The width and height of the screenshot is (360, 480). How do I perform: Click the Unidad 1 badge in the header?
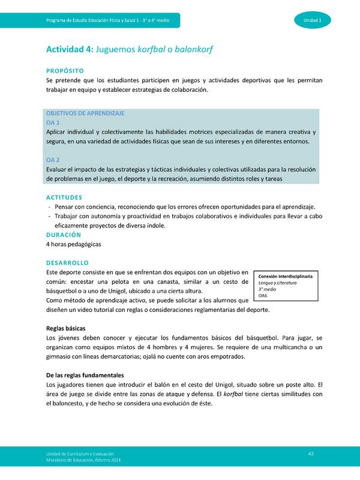click(312, 21)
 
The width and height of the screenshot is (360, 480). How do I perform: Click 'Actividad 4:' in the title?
click(69, 50)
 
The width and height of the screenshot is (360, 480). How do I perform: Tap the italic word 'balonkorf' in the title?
click(195, 50)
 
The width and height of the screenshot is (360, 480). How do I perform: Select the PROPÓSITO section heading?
click(69, 70)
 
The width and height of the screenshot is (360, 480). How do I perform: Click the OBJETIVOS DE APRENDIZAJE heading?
click(85, 113)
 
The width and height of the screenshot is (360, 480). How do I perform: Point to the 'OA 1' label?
click(53, 122)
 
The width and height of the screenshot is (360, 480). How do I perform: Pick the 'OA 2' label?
click(53, 160)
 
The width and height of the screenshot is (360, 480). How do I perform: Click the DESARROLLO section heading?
click(67, 263)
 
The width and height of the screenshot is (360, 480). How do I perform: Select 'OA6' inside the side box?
click(263, 296)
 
